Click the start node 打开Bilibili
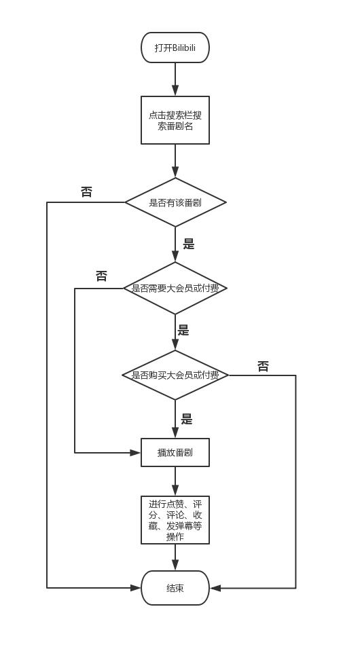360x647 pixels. [175, 48]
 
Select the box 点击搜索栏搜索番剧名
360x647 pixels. [175, 120]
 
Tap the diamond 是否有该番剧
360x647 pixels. [175, 202]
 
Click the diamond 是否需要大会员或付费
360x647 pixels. [175, 289]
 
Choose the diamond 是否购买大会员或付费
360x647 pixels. [175, 375]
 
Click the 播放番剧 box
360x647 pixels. [175, 452]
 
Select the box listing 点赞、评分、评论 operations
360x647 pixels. [175, 520]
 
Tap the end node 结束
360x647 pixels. [175, 588]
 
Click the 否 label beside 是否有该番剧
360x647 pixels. [86, 192]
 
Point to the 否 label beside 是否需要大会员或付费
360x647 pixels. [101, 276]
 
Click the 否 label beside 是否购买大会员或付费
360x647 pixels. [263, 367]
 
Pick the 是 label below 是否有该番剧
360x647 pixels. [189, 244]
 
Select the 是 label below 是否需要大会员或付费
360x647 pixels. [183, 331]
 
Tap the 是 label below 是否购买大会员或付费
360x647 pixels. [187, 420]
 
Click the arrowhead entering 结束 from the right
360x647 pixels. [215, 588]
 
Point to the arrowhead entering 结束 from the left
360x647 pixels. [135, 588]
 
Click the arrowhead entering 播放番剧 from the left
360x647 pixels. [135, 452]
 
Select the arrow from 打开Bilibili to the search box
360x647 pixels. [175, 79]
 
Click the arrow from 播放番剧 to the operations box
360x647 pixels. [175, 481]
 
